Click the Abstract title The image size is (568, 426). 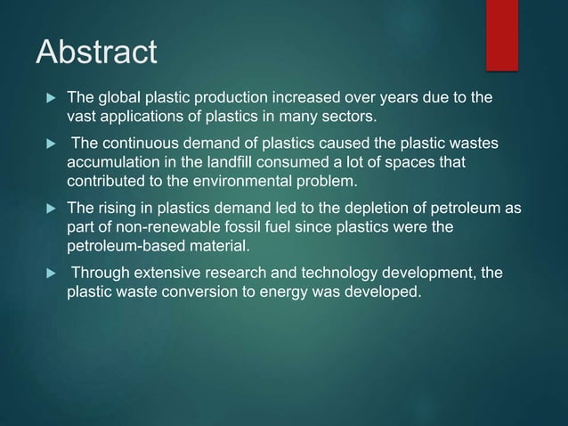tap(96, 52)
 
